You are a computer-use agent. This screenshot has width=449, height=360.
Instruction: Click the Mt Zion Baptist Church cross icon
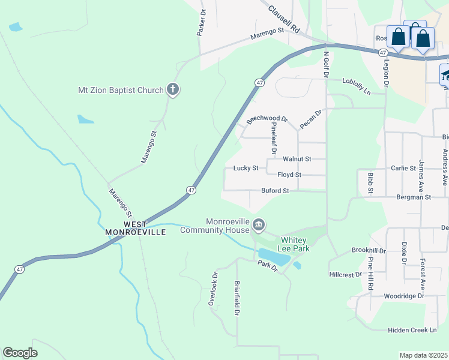pos(173,91)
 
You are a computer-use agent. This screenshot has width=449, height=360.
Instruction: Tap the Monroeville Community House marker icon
pos(259,226)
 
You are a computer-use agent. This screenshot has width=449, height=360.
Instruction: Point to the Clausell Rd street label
pos(284,19)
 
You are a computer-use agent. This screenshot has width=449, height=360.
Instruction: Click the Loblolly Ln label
pos(365,85)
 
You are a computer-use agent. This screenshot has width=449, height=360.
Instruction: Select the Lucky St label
pos(246,169)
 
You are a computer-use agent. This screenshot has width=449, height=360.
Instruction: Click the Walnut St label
pos(297,159)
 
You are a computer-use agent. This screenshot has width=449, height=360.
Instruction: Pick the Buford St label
pos(276,191)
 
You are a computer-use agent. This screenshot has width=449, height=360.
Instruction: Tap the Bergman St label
pos(414,197)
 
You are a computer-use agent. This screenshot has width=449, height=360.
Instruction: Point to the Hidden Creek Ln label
pos(413,330)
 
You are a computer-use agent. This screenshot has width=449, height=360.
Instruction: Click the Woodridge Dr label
pos(404,296)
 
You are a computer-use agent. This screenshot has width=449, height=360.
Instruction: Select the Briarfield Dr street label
pos(238,298)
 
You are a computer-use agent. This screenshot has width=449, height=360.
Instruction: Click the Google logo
pos(20,353)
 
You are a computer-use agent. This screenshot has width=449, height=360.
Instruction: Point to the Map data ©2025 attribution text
pos(423,355)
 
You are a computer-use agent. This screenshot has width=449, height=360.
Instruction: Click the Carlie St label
pos(403,169)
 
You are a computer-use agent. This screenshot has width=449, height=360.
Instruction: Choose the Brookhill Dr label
pos(369,250)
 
